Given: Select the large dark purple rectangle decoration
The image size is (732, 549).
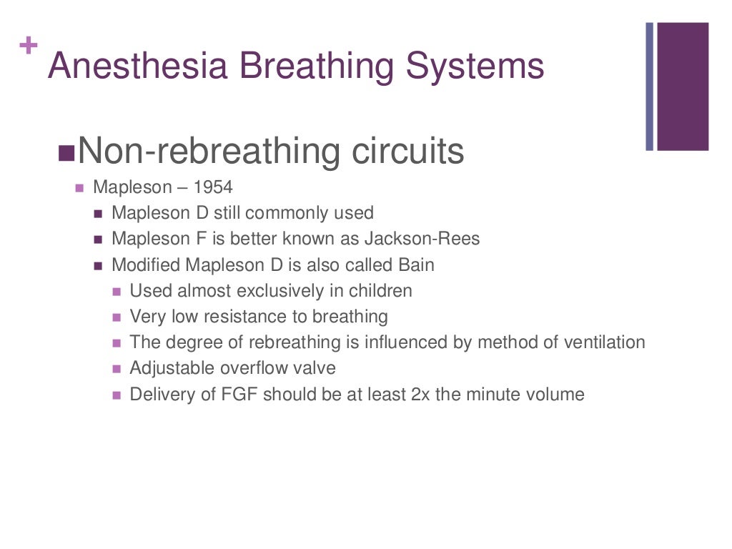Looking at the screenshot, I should [x=683, y=86].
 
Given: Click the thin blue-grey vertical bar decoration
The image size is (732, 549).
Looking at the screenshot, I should [x=650, y=86].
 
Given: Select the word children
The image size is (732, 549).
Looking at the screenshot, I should [x=378, y=291].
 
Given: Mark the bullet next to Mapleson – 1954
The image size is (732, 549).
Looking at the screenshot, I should [x=80, y=189].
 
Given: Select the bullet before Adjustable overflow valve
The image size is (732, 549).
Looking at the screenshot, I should [x=117, y=369].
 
